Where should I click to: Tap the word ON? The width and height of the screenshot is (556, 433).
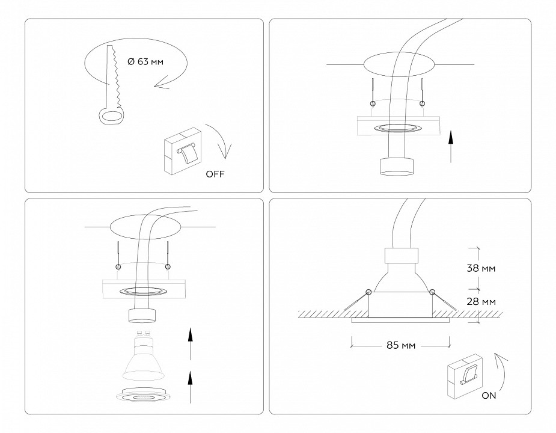[x=489, y=396]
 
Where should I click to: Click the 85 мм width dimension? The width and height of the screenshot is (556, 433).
[x=401, y=345]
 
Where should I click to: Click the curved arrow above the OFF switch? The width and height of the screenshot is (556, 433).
[x=218, y=142]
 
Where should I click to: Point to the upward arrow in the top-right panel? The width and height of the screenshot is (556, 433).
[x=450, y=148]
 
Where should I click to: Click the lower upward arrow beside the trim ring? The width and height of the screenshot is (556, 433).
[x=190, y=388]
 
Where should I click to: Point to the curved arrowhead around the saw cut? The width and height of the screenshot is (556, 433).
[x=160, y=86]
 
